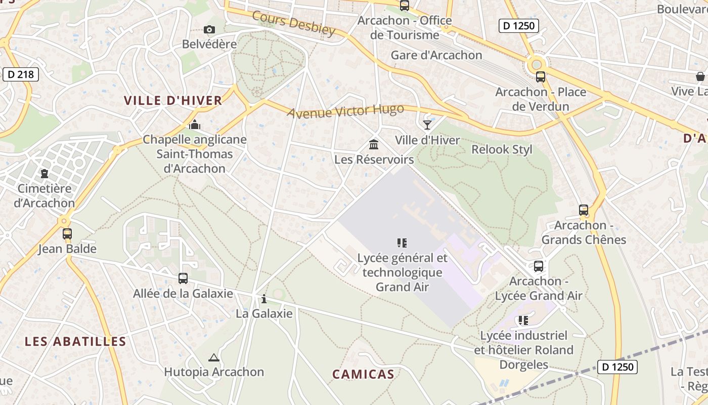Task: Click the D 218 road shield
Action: point(21,74)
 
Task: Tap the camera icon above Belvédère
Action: point(209,30)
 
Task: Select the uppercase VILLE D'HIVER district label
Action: point(173,100)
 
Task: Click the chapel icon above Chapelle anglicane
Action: point(195,125)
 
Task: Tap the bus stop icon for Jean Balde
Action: point(67,234)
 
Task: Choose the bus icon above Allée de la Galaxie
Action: point(183,278)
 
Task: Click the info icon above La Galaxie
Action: point(263,299)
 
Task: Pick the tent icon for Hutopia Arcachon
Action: point(214,357)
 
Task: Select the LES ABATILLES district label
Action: point(75,341)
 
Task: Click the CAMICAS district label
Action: point(363,374)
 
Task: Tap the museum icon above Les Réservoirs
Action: point(374,145)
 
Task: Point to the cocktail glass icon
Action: point(427,125)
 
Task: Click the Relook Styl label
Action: point(502,149)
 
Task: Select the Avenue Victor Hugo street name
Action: point(345,110)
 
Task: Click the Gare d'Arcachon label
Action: point(436,55)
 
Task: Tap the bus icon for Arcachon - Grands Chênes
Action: point(584,210)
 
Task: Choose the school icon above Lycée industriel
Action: point(523,320)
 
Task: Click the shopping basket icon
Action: point(700,76)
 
